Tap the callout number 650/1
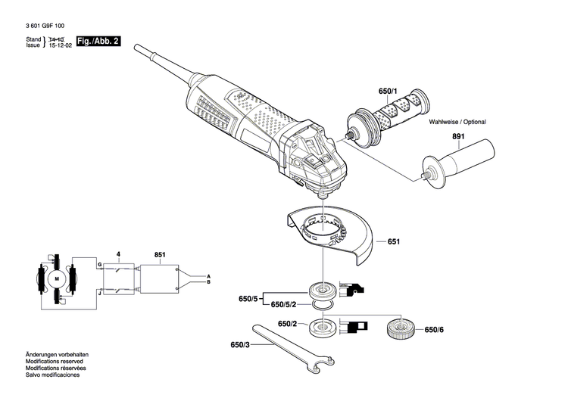[388, 91]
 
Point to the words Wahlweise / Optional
[457, 122]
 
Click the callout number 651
[393, 242]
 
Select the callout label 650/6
[434, 330]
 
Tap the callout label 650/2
[287, 324]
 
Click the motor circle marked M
[55, 279]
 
